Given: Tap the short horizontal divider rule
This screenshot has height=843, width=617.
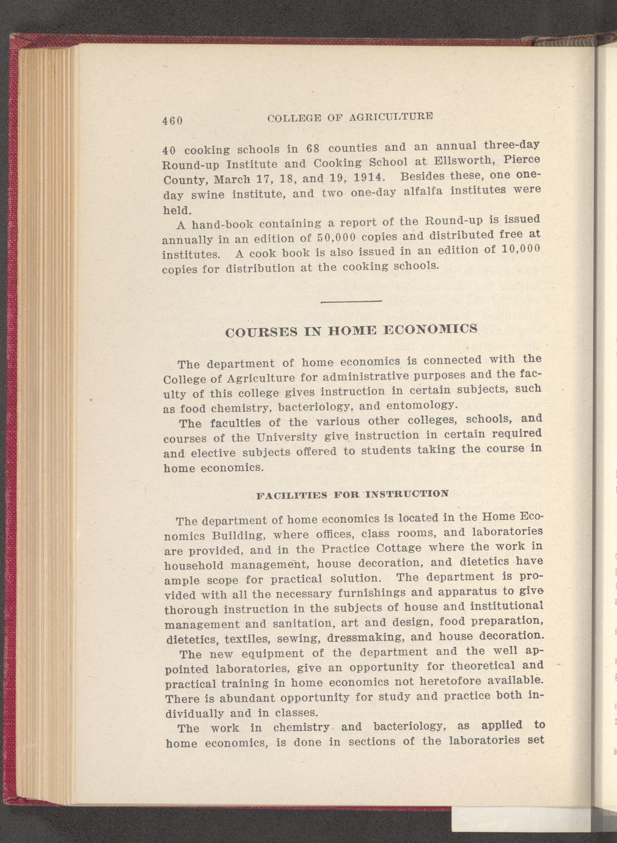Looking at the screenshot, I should tap(351, 301).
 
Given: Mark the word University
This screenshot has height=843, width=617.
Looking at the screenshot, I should tap(287, 437).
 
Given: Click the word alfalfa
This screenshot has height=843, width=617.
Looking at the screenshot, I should tap(424, 192).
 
